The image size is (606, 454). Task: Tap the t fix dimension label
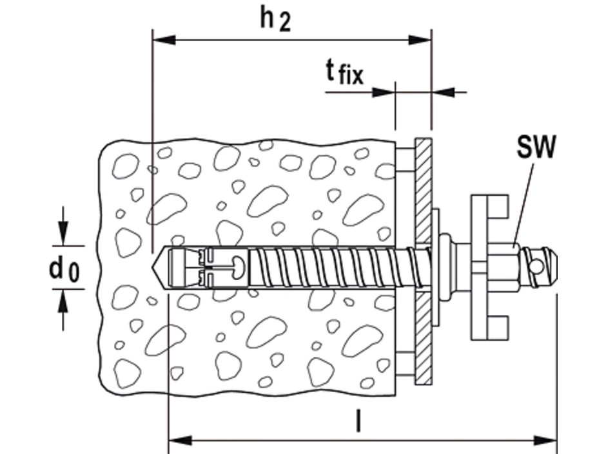344,72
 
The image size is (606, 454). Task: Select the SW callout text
535,150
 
